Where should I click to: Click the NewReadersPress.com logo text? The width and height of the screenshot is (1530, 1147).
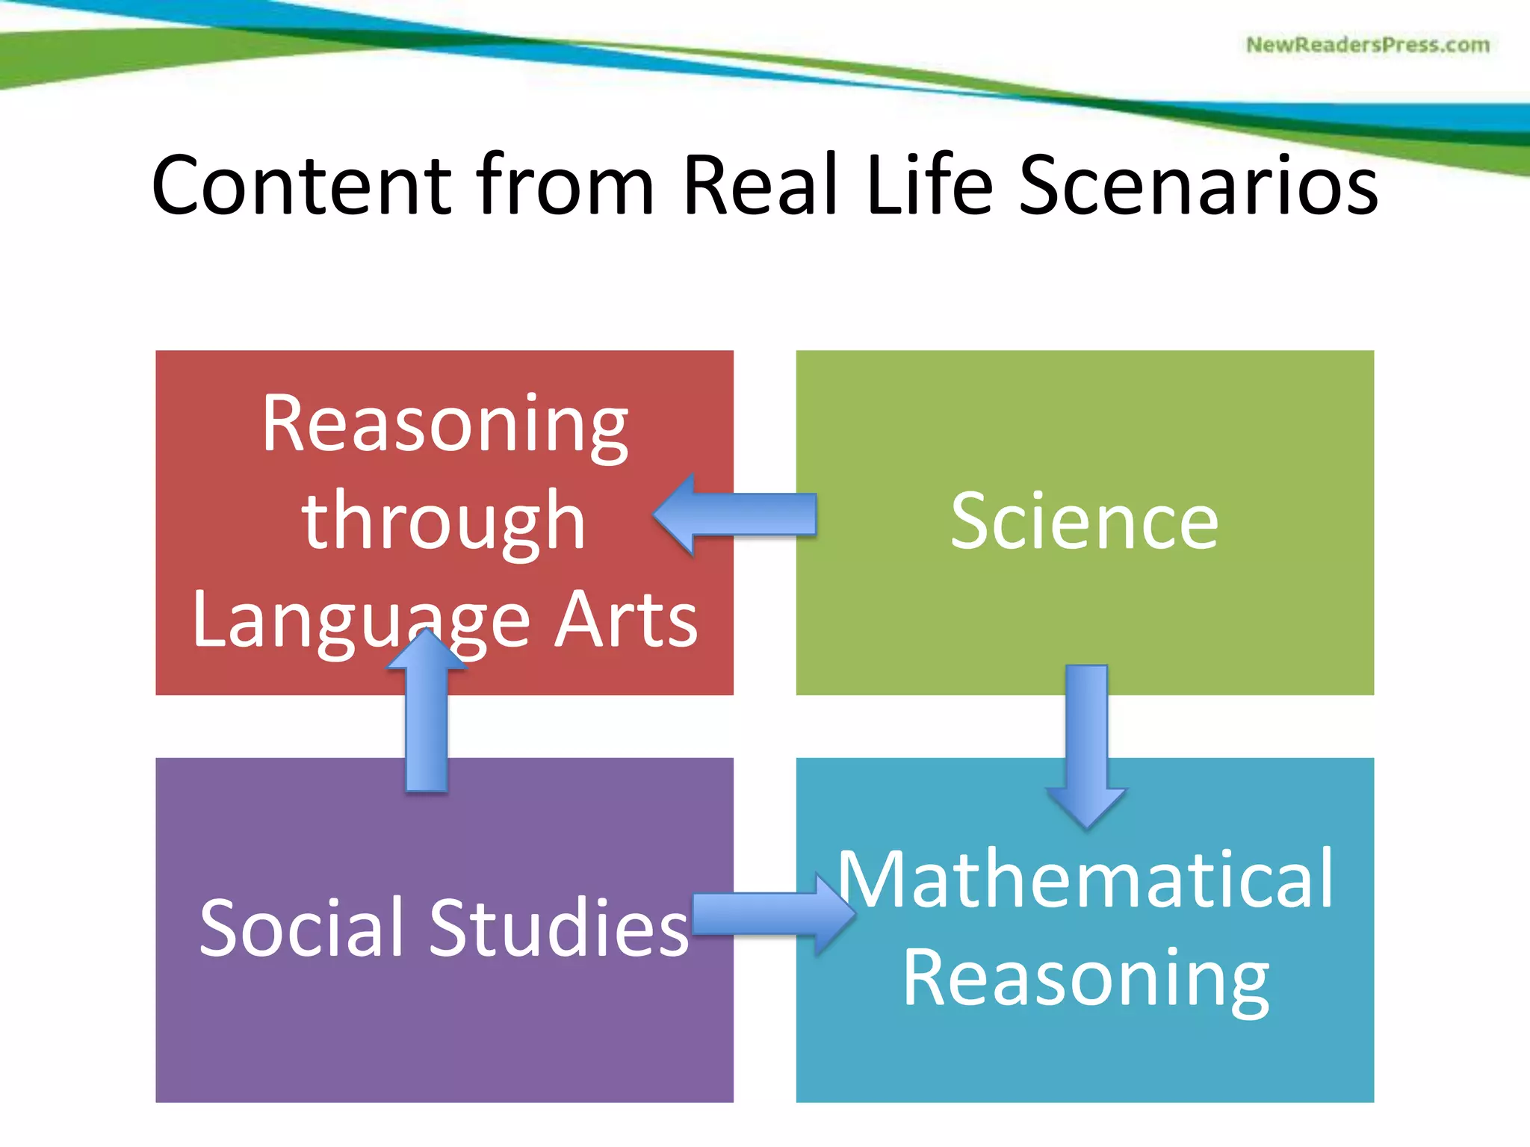1367,45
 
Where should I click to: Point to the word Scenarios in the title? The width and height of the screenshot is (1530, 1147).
1198,185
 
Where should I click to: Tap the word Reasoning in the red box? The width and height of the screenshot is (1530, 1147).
445,426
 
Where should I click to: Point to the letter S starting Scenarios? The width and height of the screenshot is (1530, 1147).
1043,185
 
